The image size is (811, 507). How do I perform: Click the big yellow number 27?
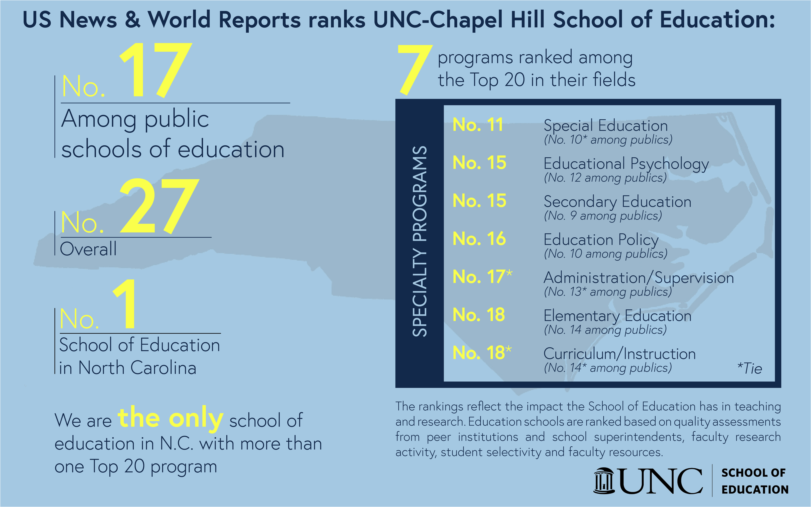(159, 206)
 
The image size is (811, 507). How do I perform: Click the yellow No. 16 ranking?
(479, 239)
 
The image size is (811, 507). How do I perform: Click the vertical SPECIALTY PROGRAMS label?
(420, 241)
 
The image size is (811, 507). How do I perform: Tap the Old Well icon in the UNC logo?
(604, 481)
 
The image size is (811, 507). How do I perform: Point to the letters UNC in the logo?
(660, 481)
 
